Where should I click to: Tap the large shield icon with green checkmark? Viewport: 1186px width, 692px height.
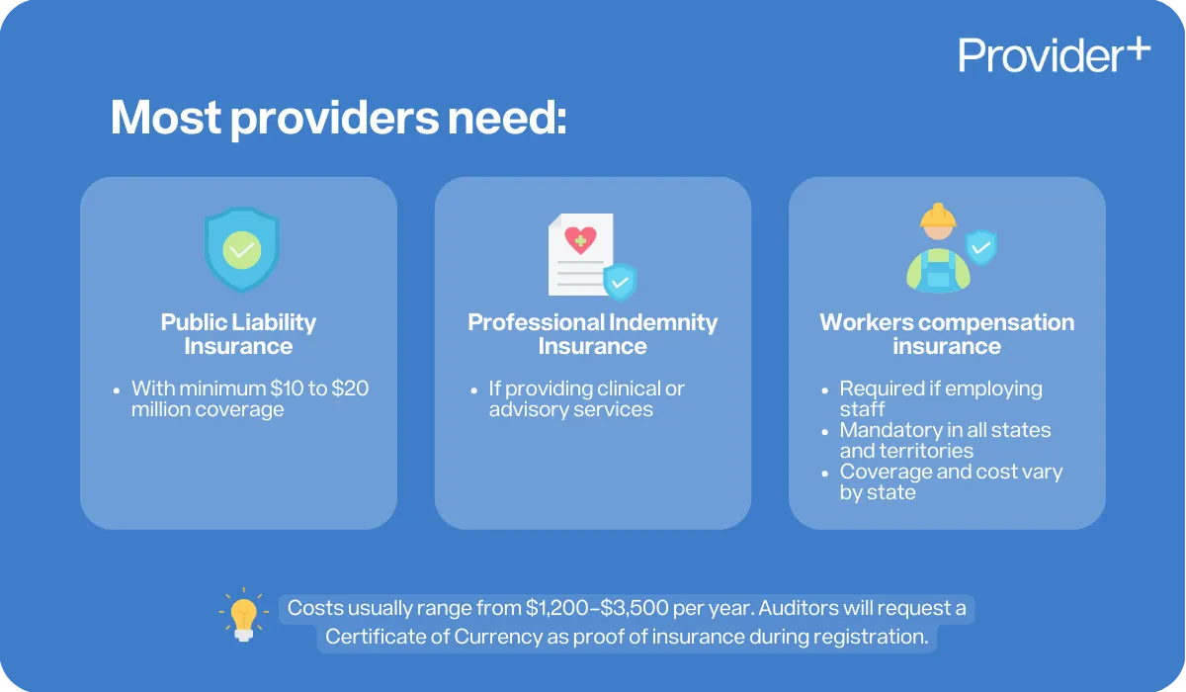coord(241,248)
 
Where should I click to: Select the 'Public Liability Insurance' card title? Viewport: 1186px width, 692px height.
coord(238,334)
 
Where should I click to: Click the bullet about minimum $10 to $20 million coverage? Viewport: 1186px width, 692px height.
coord(249,398)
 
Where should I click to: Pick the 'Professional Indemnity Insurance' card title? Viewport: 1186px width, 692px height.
coord(592,334)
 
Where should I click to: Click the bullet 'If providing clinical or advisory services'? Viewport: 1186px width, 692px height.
coord(586,398)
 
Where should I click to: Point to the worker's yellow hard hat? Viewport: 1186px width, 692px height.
coord(938,216)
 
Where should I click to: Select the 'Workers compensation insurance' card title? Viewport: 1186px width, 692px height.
coord(947,334)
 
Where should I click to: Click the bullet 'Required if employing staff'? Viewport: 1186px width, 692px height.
coord(940,398)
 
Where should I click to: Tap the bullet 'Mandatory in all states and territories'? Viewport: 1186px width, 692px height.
coord(945,440)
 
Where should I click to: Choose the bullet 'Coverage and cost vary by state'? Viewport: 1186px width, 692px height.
coord(950,481)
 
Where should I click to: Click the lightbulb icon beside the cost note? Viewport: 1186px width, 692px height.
coord(242,616)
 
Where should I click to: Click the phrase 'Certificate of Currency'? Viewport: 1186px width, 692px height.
coord(433,638)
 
